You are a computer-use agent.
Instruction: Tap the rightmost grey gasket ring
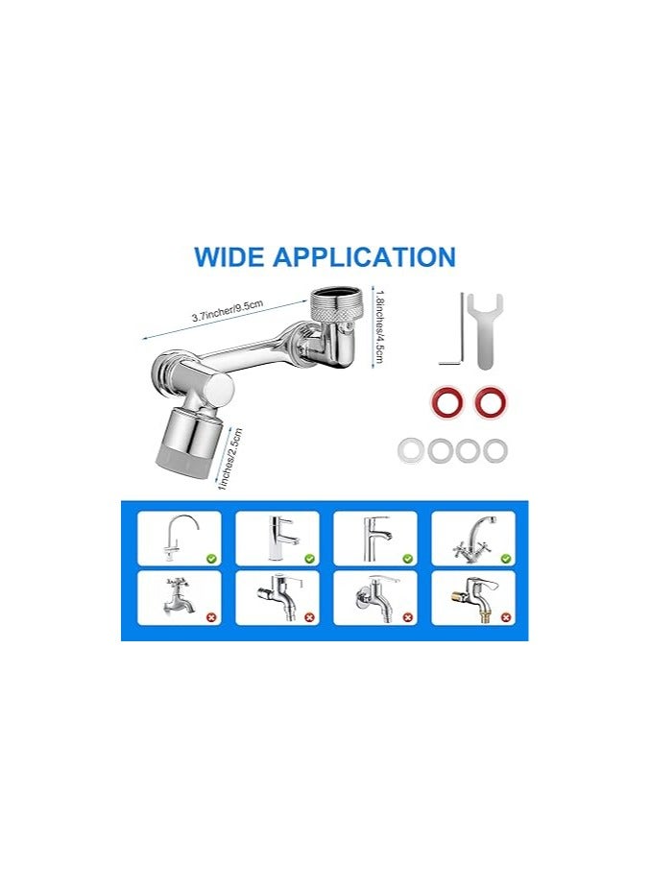pyautogui.click(x=495, y=449)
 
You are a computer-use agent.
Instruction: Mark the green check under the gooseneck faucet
pyautogui.click(x=210, y=557)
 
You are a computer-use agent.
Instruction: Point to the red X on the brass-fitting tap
pyautogui.click(x=505, y=616)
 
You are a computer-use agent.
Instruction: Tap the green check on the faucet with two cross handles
pyautogui.click(x=505, y=557)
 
